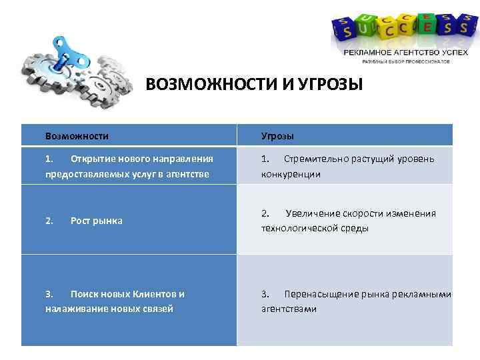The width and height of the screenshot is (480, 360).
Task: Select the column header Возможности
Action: tap(77, 136)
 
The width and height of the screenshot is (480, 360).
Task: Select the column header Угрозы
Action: tap(277, 136)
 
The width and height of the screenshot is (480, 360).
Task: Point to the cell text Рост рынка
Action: tap(97, 221)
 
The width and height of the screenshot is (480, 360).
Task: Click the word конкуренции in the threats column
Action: tap(291, 174)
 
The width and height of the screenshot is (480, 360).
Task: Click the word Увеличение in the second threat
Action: tap(314, 213)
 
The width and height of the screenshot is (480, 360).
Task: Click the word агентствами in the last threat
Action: tap(289, 309)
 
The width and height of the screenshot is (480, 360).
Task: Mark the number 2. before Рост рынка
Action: tap(49, 221)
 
